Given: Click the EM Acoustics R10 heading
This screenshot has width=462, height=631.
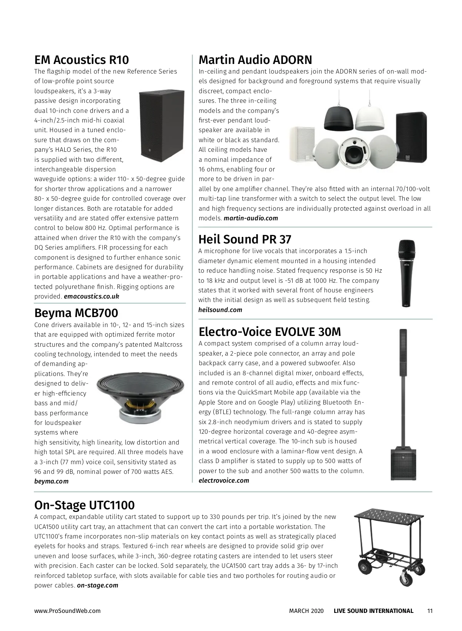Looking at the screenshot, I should point(81,60).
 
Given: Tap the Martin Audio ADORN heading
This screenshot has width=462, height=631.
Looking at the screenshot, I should point(255,60).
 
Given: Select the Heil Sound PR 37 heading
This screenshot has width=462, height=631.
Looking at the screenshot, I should point(244,239).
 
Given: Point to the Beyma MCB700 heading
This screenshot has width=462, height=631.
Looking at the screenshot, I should point(76,313).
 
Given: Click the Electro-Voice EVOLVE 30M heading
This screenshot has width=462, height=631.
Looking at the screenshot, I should point(269,332).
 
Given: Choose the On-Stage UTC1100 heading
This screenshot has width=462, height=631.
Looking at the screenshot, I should point(84,505).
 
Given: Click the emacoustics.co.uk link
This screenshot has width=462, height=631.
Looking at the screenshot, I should point(91,297).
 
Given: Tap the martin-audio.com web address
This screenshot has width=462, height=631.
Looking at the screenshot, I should point(251,218).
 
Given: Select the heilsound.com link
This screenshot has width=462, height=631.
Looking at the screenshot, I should point(220,310).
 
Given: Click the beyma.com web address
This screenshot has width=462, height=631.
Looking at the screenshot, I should point(51,481).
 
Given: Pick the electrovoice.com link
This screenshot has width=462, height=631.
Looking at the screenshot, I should point(224,480).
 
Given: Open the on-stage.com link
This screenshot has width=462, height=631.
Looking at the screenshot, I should point(97,586).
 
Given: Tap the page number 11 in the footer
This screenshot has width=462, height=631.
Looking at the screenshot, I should point(430,611).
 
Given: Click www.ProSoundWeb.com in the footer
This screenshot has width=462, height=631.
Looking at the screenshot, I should point(67,611).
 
